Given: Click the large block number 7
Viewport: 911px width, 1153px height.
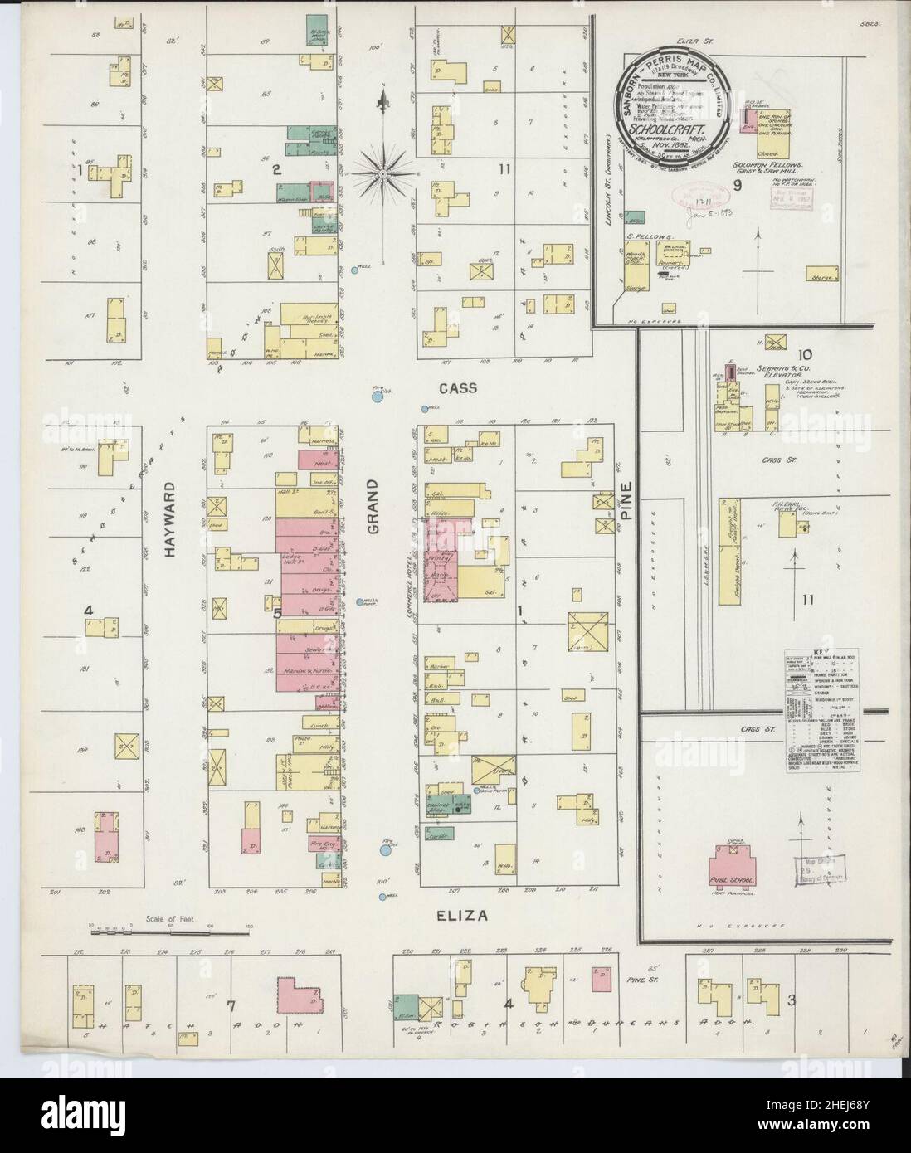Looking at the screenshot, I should [x=231, y=1006].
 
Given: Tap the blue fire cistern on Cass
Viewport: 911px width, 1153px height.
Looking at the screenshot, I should [x=378, y=396].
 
